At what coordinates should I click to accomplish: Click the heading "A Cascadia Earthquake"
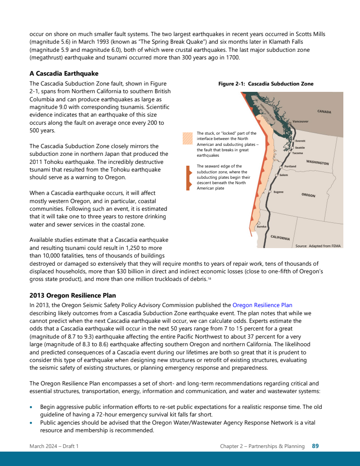point(64,73)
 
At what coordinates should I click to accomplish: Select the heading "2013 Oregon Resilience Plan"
point(72,295)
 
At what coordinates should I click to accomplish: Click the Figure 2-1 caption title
point(265,84)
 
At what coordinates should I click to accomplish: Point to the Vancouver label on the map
point(300,122)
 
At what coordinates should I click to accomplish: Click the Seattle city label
point(300,148)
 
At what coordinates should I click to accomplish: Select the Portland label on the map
point(290,167)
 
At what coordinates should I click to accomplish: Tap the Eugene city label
point(279,192)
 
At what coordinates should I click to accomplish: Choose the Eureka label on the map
point(261,226)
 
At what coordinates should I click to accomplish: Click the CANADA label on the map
point(324,111)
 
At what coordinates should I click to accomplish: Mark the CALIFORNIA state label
point(280,237)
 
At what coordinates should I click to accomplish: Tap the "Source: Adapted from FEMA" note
point(318,246)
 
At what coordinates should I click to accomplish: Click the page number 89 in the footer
point(315,446)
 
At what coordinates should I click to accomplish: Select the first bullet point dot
point(31,407)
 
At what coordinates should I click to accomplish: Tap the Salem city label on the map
point(283,175)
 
